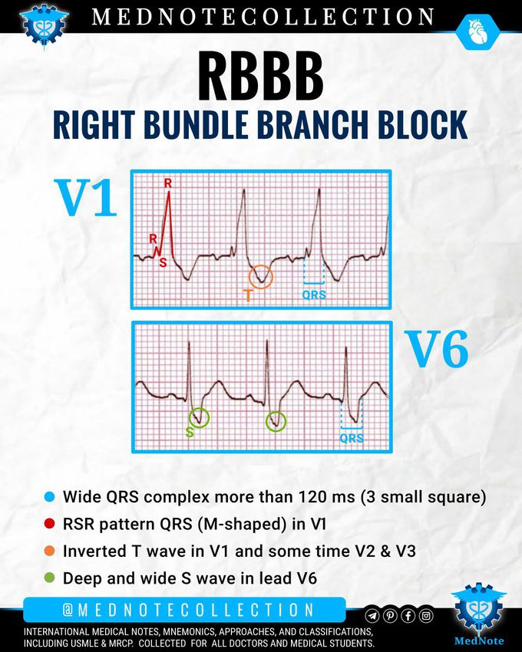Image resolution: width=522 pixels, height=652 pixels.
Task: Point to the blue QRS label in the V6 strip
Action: coord(352,439)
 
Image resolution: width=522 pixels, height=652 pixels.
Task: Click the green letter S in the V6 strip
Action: coord(189,433)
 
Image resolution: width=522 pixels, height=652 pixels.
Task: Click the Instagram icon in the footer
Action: coord(426,615)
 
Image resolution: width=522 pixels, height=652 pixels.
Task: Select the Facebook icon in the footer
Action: coord(408,615)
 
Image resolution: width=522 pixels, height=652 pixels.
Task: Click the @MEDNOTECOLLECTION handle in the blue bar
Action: coord(188,610)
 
